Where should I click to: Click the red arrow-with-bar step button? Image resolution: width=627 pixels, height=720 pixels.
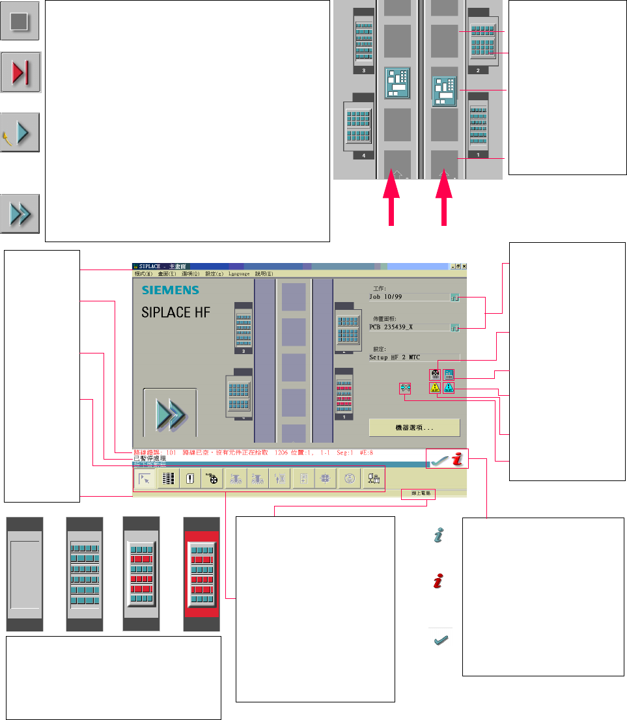tap(21, 74)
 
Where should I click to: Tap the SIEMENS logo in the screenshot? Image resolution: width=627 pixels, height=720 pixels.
tap(170, 290)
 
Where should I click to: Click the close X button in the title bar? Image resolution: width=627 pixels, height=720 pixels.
tap(465, 266)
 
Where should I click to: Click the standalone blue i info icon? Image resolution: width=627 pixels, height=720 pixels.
tap(439, 535)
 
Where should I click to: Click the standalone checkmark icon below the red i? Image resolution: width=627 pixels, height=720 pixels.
tap(439, 641)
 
